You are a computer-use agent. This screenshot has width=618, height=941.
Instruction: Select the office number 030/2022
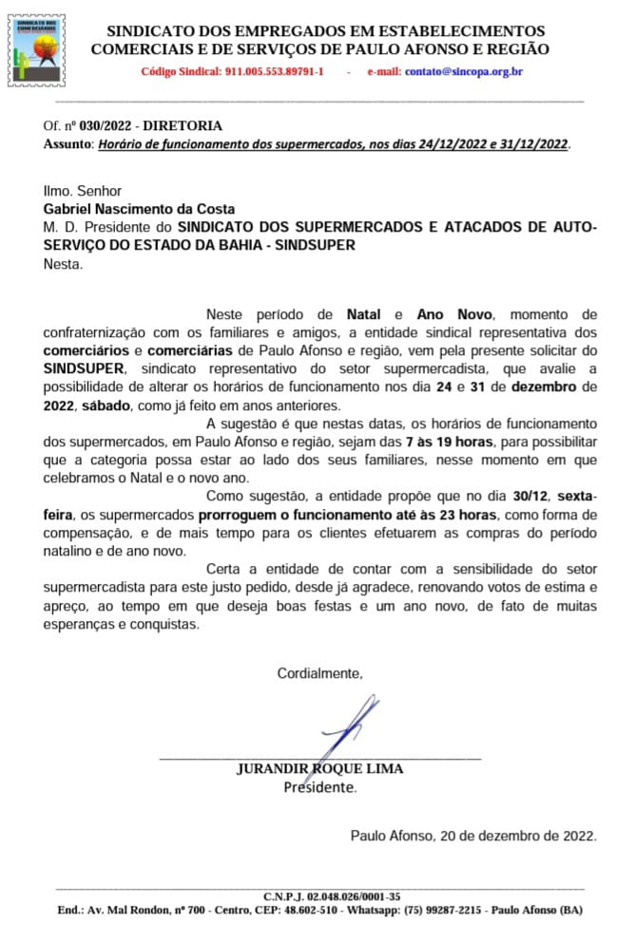click(x=101, y=125)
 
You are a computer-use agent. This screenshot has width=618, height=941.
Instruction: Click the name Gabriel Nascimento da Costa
click(x=139, y=209)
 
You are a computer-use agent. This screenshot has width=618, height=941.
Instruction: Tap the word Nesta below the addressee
click(x=63, y=263)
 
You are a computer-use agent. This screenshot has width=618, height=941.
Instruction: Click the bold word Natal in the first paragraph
click(x=363, y=313)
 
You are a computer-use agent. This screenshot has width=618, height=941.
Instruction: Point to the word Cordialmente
click(x=319, y=673)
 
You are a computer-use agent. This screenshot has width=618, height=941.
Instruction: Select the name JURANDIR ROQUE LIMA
click(x=319, y=768)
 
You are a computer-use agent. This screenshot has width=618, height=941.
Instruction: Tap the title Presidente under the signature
click(x=319, y=786)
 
